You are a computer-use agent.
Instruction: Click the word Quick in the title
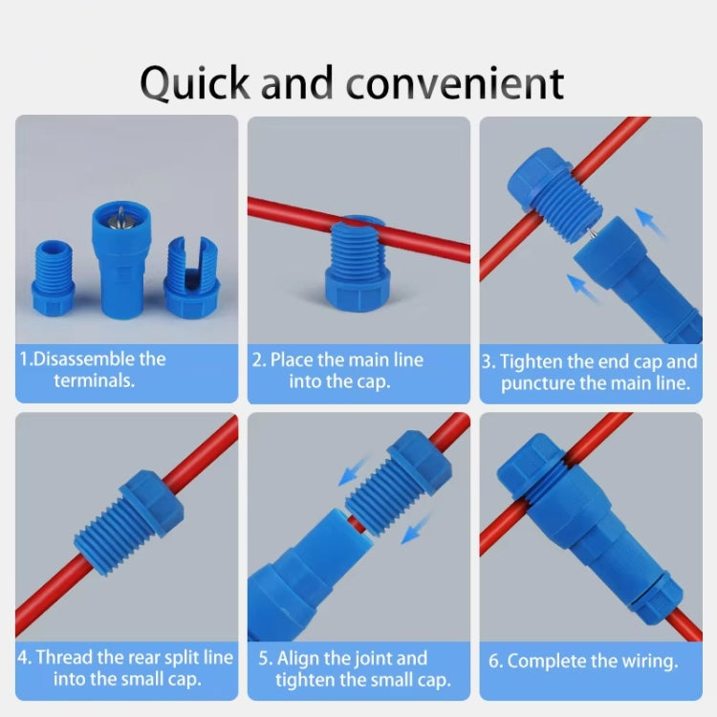195,83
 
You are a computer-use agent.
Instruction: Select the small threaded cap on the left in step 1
54,272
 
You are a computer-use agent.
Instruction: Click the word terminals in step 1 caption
93,380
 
